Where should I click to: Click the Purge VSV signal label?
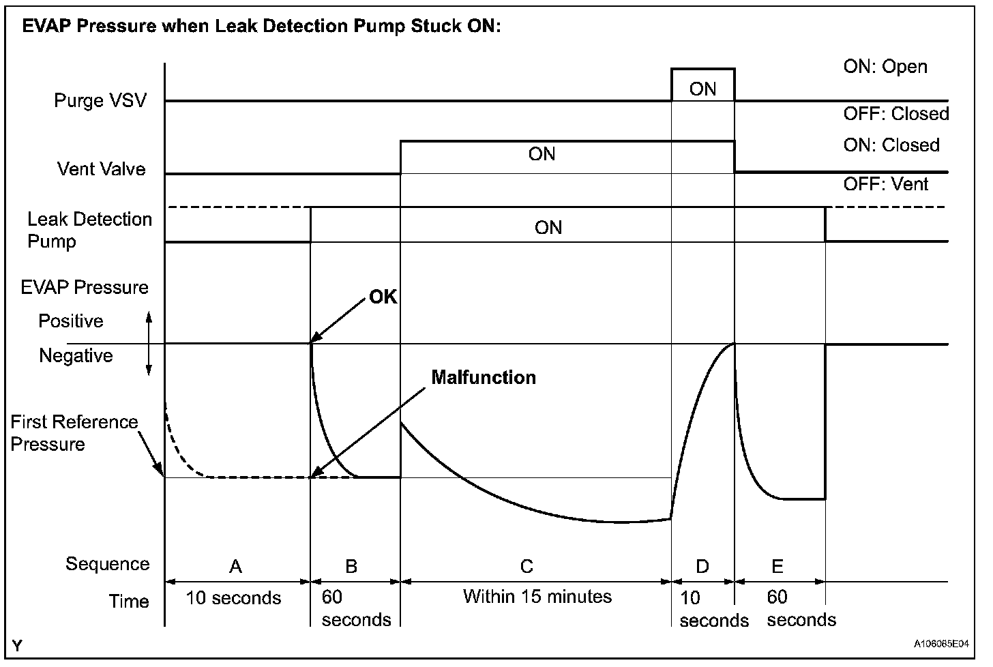click(x=100, y=102)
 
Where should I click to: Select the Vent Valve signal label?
click(x=102, y=169)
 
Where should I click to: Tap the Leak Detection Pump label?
click(x=89, y=230)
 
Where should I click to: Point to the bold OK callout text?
click(x=383, y=297)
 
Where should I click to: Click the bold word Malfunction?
click(x=484, y=377)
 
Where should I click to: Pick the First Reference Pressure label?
click(x=74, y=432)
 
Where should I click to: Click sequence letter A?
click(x=235, y=566)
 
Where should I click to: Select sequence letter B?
click(x=351, y=566)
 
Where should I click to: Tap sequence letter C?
click(x=527, y=566)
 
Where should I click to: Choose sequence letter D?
click(x=702, y=566)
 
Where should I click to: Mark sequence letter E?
click(x=777, y=565)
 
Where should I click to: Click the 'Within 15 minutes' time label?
click(x=537, y=597)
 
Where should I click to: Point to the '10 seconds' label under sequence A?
click(x=233, y=598)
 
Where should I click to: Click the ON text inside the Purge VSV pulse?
click(x=702, y=89)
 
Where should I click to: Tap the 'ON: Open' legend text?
click(x=885, y=66)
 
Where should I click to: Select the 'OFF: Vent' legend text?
click(x=886, y=183)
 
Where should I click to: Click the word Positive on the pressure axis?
click(x=71, y=321)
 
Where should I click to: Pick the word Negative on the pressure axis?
click(x=76, y=355)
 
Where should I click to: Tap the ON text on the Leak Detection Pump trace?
click(x=548, y=227)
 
